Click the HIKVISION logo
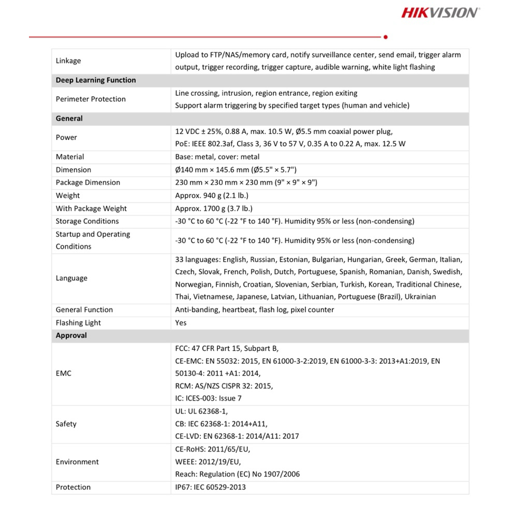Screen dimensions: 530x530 440,12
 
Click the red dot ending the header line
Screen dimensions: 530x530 386,37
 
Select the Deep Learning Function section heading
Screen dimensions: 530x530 96,80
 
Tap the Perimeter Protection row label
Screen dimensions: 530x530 91,99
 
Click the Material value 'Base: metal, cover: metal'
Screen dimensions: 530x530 217,157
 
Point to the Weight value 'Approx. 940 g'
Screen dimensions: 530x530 212,196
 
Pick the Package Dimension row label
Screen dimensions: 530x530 88,183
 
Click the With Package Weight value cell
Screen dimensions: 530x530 214,209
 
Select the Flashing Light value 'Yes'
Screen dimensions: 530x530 181,323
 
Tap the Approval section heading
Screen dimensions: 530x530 71,335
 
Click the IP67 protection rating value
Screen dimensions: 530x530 211,487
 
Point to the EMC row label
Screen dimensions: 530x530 64,373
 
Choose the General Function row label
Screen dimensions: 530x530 84,310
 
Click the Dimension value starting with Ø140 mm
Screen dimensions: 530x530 235,170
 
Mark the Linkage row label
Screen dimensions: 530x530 68,61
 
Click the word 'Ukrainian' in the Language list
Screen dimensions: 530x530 420,297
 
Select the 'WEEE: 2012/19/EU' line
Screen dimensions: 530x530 208,462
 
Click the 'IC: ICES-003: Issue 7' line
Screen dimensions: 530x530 208,399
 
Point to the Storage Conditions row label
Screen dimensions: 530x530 87,222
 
